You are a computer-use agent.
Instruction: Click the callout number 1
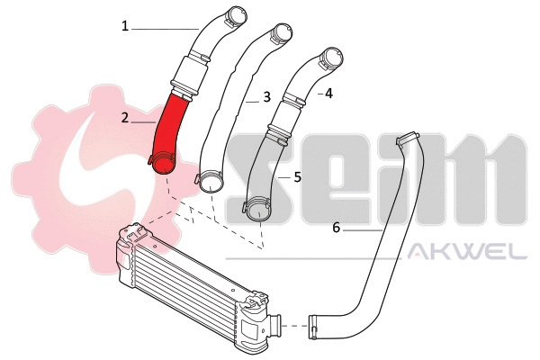coord(125,27)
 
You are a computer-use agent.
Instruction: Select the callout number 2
coord(125,117)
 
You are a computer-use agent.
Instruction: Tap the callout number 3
coord(267,96)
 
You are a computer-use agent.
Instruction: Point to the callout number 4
coord(328,93)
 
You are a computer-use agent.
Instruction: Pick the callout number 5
coord(297,178)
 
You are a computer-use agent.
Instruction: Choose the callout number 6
coord(337,229)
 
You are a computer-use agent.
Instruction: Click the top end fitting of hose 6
coord(410,139)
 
